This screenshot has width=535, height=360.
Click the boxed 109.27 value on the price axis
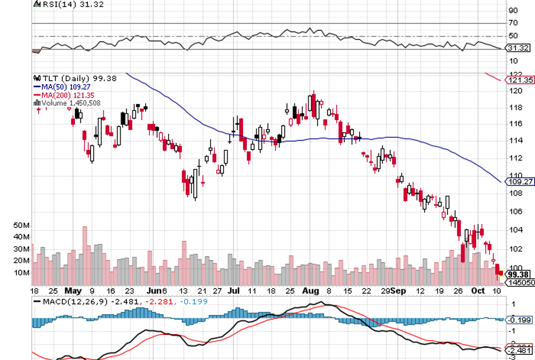[x=521, y=182]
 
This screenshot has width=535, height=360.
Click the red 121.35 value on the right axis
[x=521, y=80]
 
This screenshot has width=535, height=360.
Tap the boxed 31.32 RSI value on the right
[x=518, y=49]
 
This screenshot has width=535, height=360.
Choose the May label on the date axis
[x=72, y=290]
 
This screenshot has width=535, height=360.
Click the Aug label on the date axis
[x=310, y=290]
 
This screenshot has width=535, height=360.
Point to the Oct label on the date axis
[x=477, y=290]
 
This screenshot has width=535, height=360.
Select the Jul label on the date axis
[x=233, y=290]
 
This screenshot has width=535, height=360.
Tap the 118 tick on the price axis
[x=515, y=107]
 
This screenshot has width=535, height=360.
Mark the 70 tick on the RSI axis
[x=513, y=23]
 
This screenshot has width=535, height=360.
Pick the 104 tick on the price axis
[x=515, y=230]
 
